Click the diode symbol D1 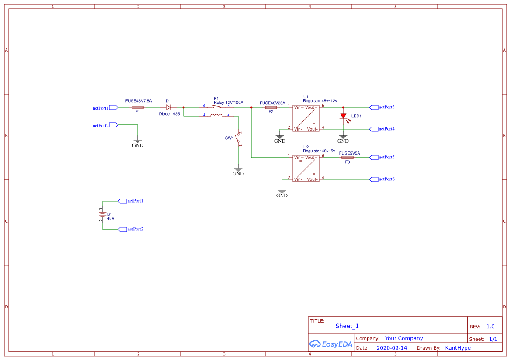click(168, 107)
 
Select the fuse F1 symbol click(137, 107)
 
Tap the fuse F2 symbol click(271, 107)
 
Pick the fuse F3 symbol click(348, 157)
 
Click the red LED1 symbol click(343, 116)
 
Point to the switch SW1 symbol click(238, 139)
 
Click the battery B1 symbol click(103, 215)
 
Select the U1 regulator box click(306, 118)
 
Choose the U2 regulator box click(306, 168)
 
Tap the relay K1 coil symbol click(216, 116)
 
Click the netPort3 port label click(386, 107)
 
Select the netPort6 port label click(386, 179)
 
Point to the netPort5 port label click(386, 157)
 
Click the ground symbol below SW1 click(238, 170)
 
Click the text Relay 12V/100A click(228, 103)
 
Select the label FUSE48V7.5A click(139, 101)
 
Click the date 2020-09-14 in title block click(392, 348)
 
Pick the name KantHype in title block click(458, 348)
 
